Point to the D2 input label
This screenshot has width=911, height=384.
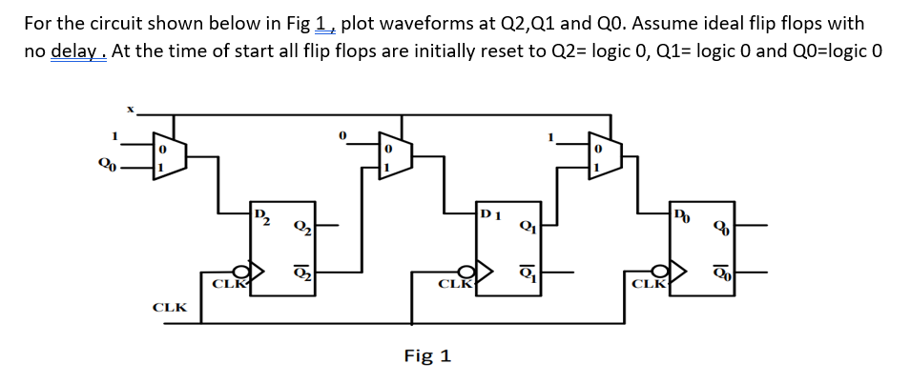[x=260, y=212]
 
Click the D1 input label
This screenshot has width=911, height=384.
[x=489, y=212]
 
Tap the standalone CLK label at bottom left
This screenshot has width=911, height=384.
[x=170, y=308]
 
